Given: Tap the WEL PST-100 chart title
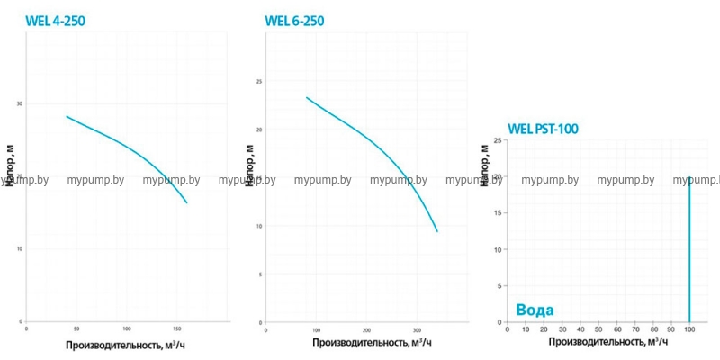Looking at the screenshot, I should [543, 129].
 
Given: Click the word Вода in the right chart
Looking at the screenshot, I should [535, 310].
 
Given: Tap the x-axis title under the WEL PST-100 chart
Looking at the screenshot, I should [608, 342].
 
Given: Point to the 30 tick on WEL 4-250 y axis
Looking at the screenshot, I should [19, 103].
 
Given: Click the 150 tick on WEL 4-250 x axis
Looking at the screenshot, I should [176, 328].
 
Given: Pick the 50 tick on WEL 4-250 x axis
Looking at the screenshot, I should [76, 328].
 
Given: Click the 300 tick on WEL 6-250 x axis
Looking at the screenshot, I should [416, 328].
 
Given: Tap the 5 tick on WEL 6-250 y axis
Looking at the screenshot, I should [260, 274].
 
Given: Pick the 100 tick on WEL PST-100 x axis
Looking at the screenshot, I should [689, 328].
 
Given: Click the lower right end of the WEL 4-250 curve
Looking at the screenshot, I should [187, 203].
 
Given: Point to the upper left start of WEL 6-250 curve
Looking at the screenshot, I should [307, 97].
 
